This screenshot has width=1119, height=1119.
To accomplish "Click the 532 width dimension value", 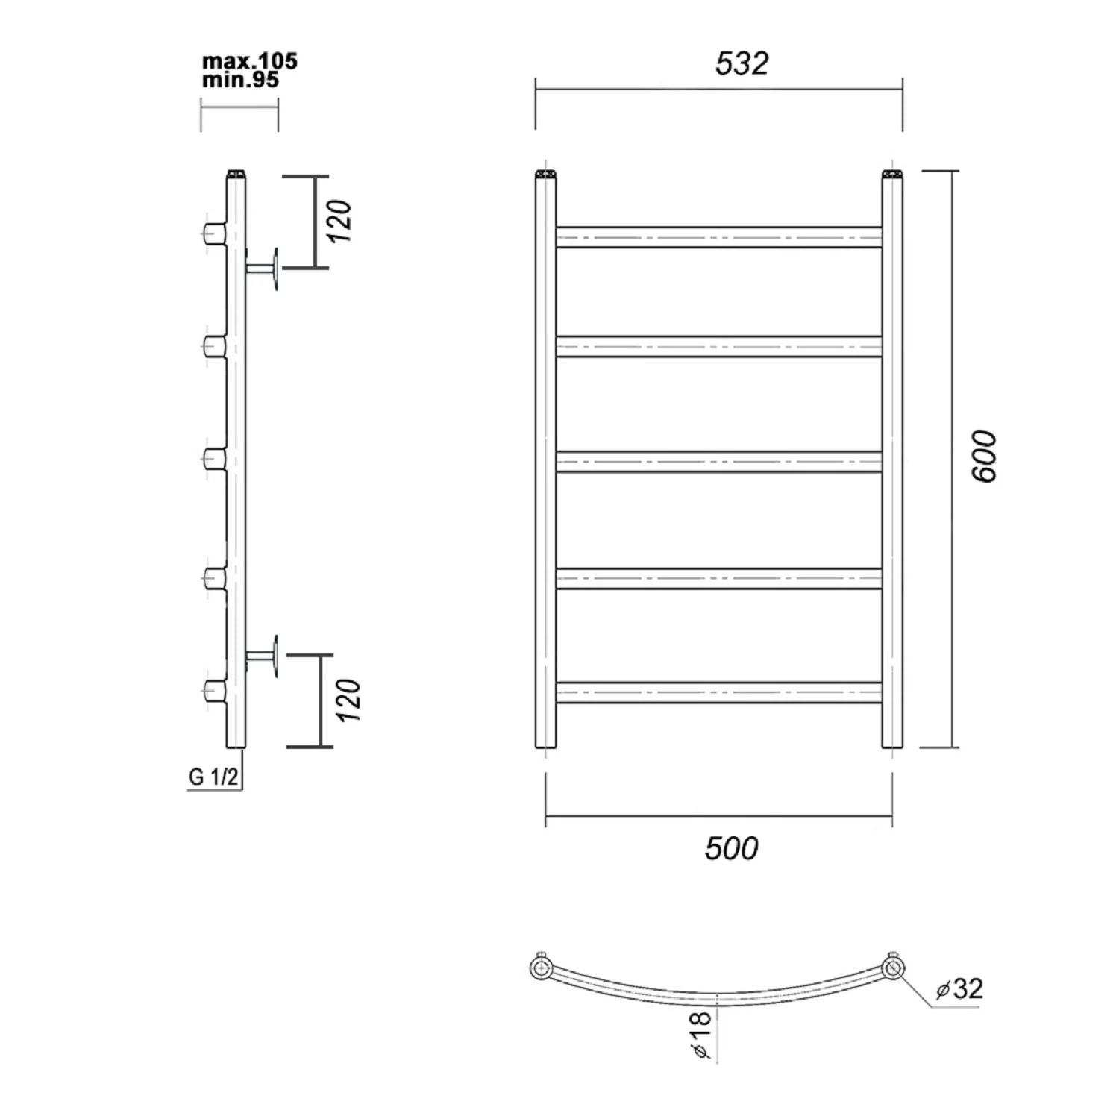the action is pyautogui.click(x=742, y=63).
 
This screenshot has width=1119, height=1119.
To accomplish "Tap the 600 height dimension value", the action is pyautogui.click(x=984, y=456).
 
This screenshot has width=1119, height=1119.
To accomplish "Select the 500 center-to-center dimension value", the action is pyautogui.click(x=731, y=849).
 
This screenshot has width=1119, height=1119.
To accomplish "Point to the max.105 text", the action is pyautogui.click(x=250, y=61).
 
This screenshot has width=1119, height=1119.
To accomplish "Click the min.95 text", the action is pyautogui.click(x=240, y=80).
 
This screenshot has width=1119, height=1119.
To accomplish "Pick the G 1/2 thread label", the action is pyautogui.click(x=213, y=777).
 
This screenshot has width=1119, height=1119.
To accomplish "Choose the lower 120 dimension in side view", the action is pyautogui.click(x=348, y=700).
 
